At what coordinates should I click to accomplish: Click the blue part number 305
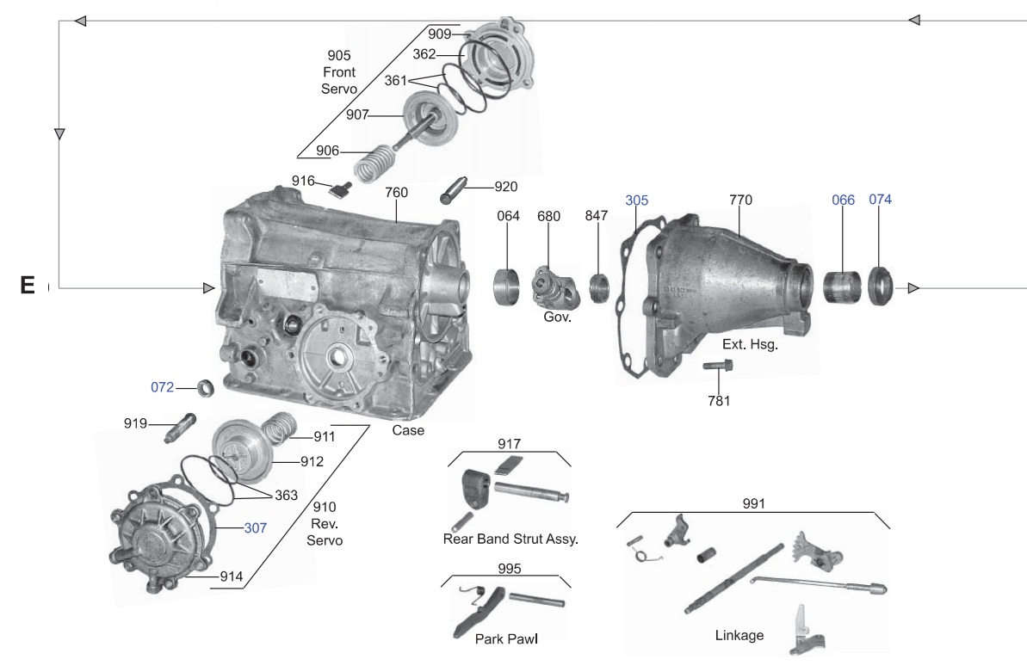[x=637, y=200]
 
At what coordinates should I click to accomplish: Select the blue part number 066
[x=843, y=200]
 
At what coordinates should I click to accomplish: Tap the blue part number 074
[x=880, y=200]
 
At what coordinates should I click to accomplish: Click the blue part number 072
[x=163, y=387]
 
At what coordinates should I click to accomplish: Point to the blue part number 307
[x=255, y=527]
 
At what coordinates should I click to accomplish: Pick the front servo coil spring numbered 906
[x=371, y=161]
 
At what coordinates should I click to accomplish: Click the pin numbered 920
[x=455, y=188]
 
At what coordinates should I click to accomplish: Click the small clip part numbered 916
[x=339, y=187]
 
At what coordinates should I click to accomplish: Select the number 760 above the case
[x=396, y=193]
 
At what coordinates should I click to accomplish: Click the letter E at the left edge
[x=28, y=286]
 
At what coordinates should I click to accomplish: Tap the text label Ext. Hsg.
[x=750, y=345]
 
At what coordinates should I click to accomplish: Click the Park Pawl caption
[x=506, y=638]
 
